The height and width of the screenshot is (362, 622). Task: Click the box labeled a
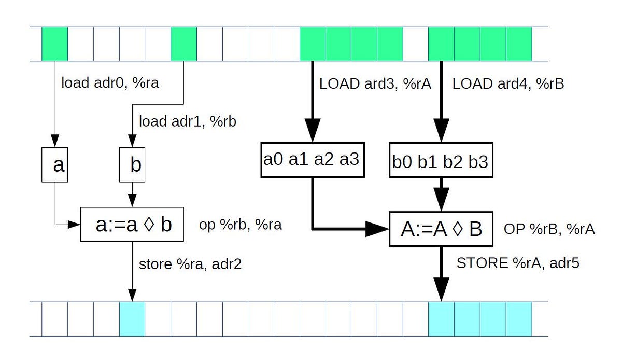pos(55,164)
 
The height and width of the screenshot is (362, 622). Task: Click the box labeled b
pos(132,164)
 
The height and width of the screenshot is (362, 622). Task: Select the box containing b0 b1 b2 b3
pos(440,160)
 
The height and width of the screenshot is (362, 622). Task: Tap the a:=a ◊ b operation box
pos(133,225)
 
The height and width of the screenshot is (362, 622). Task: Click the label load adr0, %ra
pos(110,83)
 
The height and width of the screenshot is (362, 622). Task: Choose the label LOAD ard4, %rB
pos(508,84)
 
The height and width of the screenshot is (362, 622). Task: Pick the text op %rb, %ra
pos(241,226)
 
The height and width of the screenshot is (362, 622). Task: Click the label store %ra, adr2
pos(190,264)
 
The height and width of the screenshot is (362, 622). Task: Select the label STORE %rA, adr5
pos(517,263)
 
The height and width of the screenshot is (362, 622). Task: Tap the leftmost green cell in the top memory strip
pos(54,44)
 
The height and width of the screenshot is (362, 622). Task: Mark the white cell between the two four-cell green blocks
pos(416,44)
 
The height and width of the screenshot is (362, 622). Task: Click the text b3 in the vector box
pos(478,161)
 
